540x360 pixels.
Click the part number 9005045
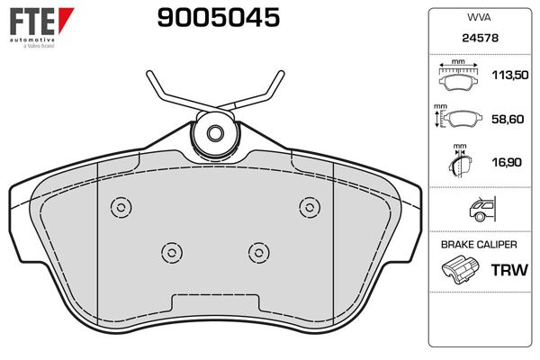(219, 18)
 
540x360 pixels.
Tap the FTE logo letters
(32, 22)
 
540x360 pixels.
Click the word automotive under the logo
(32, 40)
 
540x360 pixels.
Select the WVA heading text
(479, 18)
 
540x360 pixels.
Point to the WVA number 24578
(480, 38)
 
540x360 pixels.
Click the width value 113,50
(510, 75)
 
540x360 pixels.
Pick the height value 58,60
(508, 119)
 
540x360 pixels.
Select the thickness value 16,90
(507, 162)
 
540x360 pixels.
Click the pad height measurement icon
(458, 117)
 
